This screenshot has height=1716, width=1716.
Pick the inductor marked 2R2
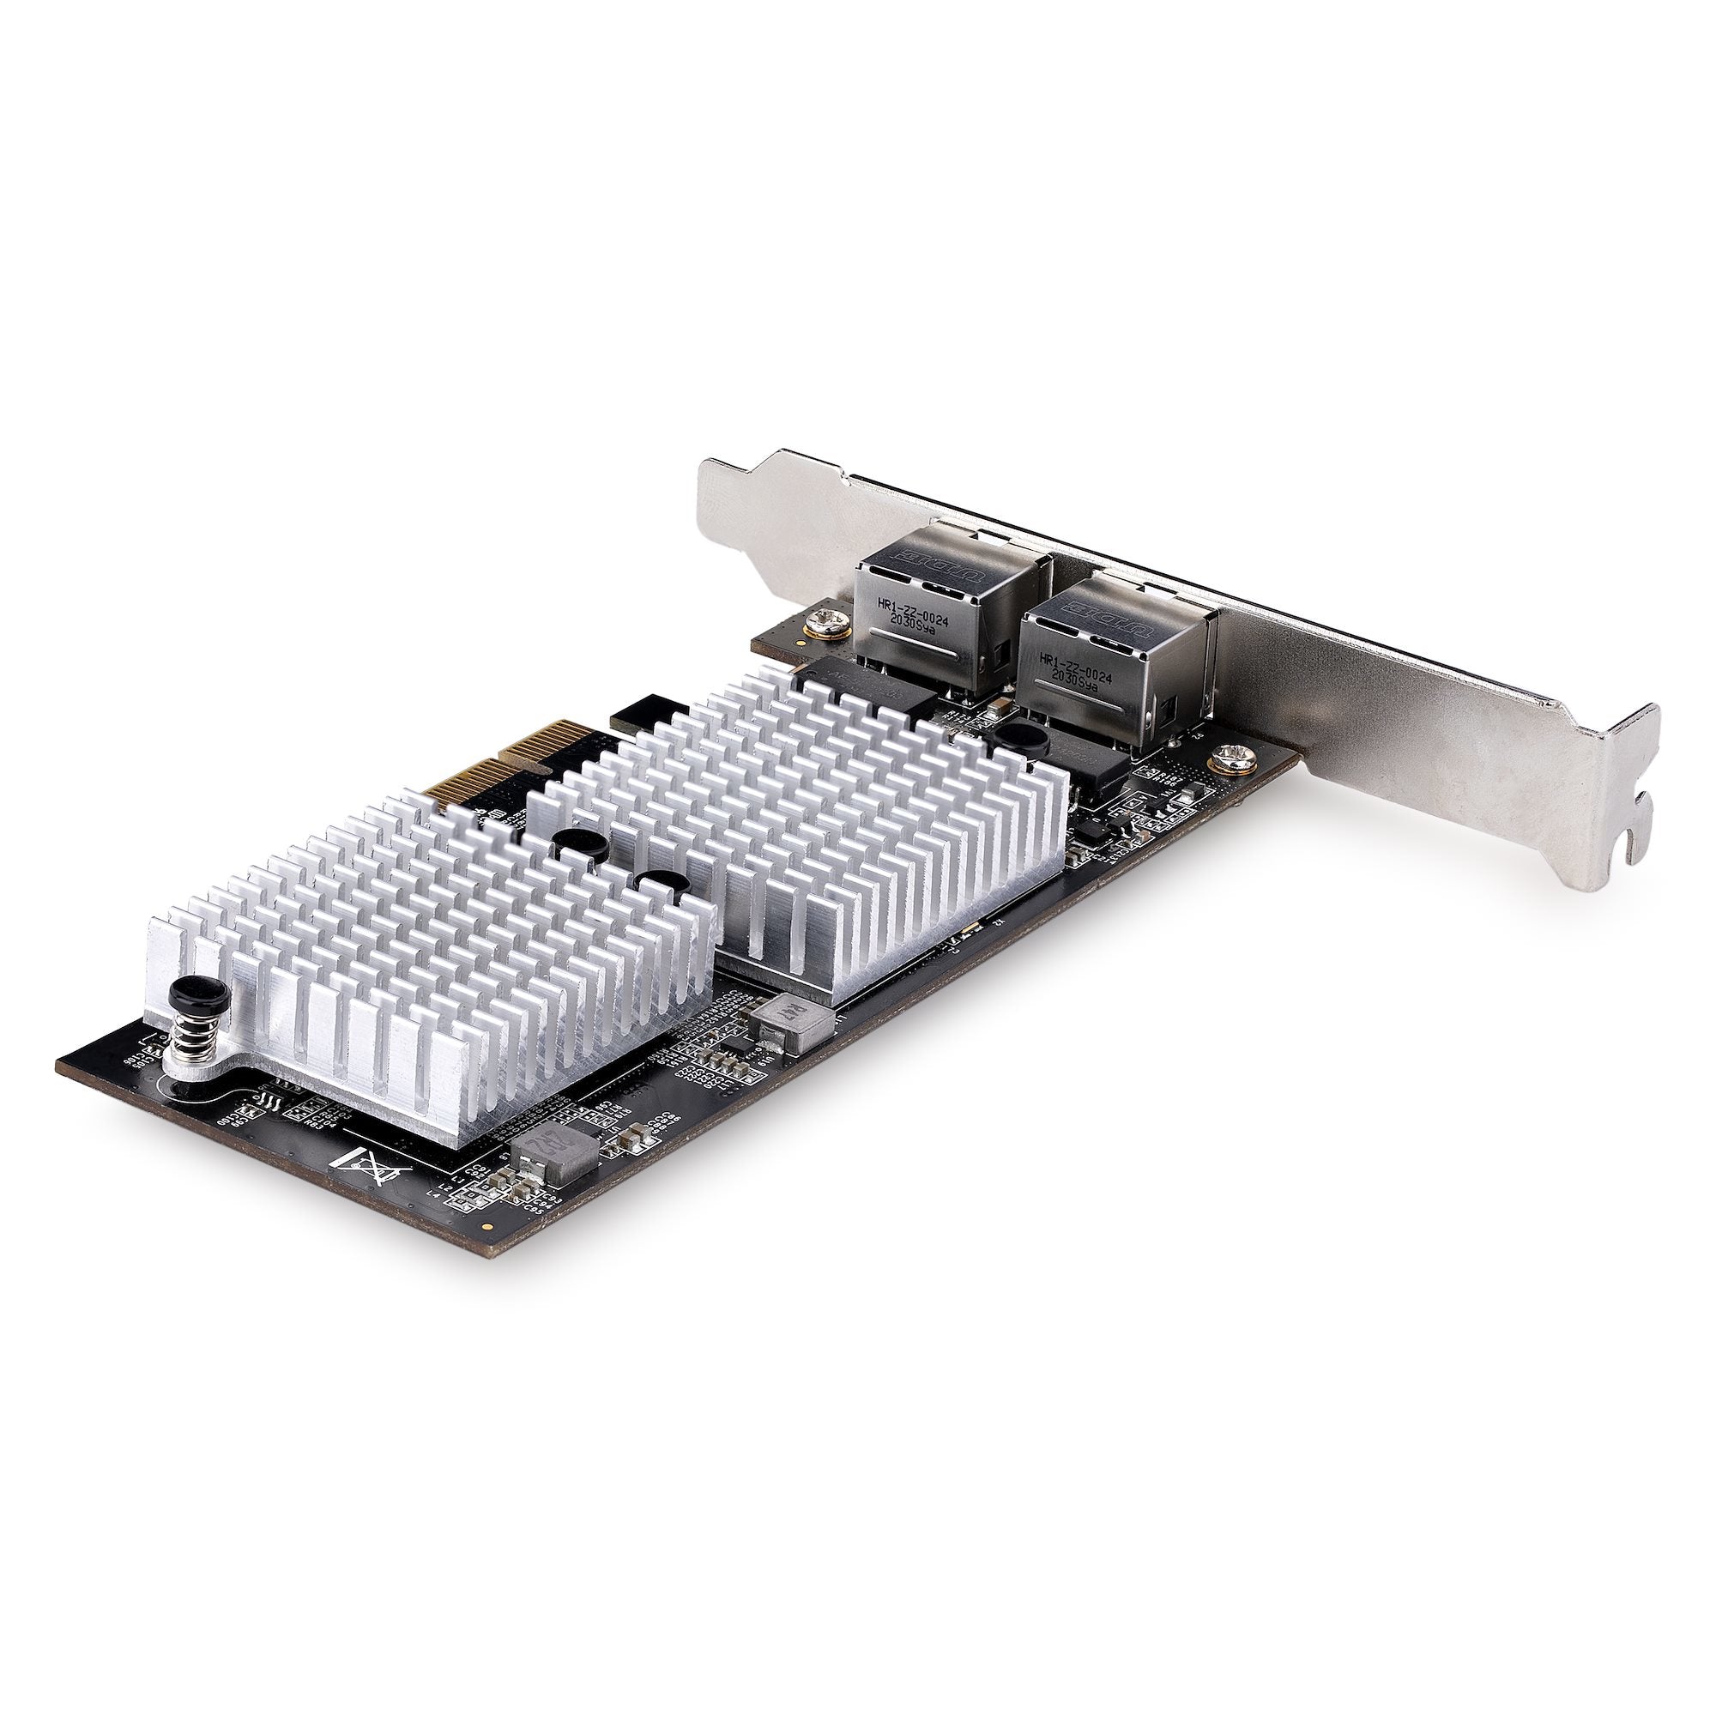point(547,1155)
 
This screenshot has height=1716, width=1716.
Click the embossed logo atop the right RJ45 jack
point(1099,612)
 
